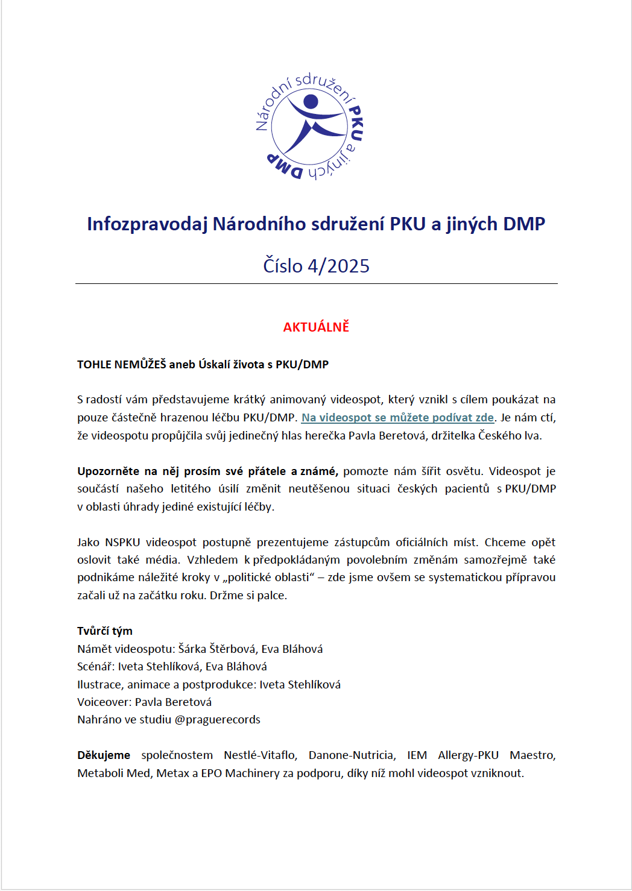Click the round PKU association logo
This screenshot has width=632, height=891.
point(309,127)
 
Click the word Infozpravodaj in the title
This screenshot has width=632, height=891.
point(147,224)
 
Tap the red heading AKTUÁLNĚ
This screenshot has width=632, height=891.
point(316,327)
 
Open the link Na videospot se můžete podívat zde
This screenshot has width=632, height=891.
point(397,418)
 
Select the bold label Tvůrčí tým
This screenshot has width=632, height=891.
point(105,631)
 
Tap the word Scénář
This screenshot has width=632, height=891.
point(95,667)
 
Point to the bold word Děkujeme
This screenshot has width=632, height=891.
point(104,755)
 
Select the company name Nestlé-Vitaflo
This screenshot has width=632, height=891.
point(260,755)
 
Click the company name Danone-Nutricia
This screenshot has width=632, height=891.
point(352,755)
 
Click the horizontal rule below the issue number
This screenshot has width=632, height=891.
point(316,283)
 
